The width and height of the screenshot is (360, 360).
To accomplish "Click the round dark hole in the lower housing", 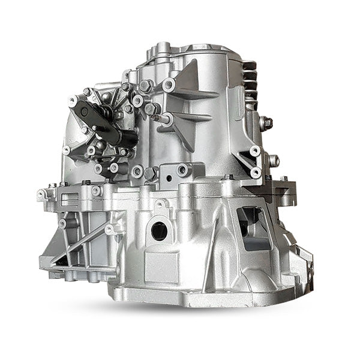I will click(160, 230).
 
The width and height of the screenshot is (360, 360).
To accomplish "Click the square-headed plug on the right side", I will click(266, 123).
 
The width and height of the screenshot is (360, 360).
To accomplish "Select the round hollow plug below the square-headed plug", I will click(274, 160).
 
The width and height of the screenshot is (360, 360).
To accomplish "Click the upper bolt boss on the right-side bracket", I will click(255, 151).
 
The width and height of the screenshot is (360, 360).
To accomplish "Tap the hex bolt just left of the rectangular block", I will click(151, 173).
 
